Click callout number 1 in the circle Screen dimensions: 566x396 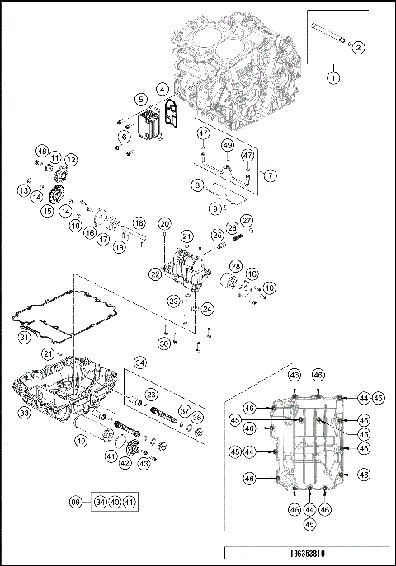[x=333, y=77]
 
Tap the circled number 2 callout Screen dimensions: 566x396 [x=358, y=47]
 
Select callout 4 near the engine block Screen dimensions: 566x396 [x=163, y=88]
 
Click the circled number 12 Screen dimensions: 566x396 [x=71, y=159]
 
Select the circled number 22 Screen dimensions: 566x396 [x=155, y=273]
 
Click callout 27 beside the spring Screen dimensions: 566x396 [x=246, y=220]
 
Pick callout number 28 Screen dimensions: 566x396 [x=235, y=266]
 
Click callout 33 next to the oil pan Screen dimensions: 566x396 [x=24, y=412]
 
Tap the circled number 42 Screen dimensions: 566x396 [x=125, y=463]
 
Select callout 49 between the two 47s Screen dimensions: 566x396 [x=226, y=146]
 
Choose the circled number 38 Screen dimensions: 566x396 [x=196, y=418]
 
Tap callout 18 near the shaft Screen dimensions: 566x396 [x=139, y=223]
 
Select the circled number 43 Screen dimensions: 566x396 [x=143, y=463]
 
